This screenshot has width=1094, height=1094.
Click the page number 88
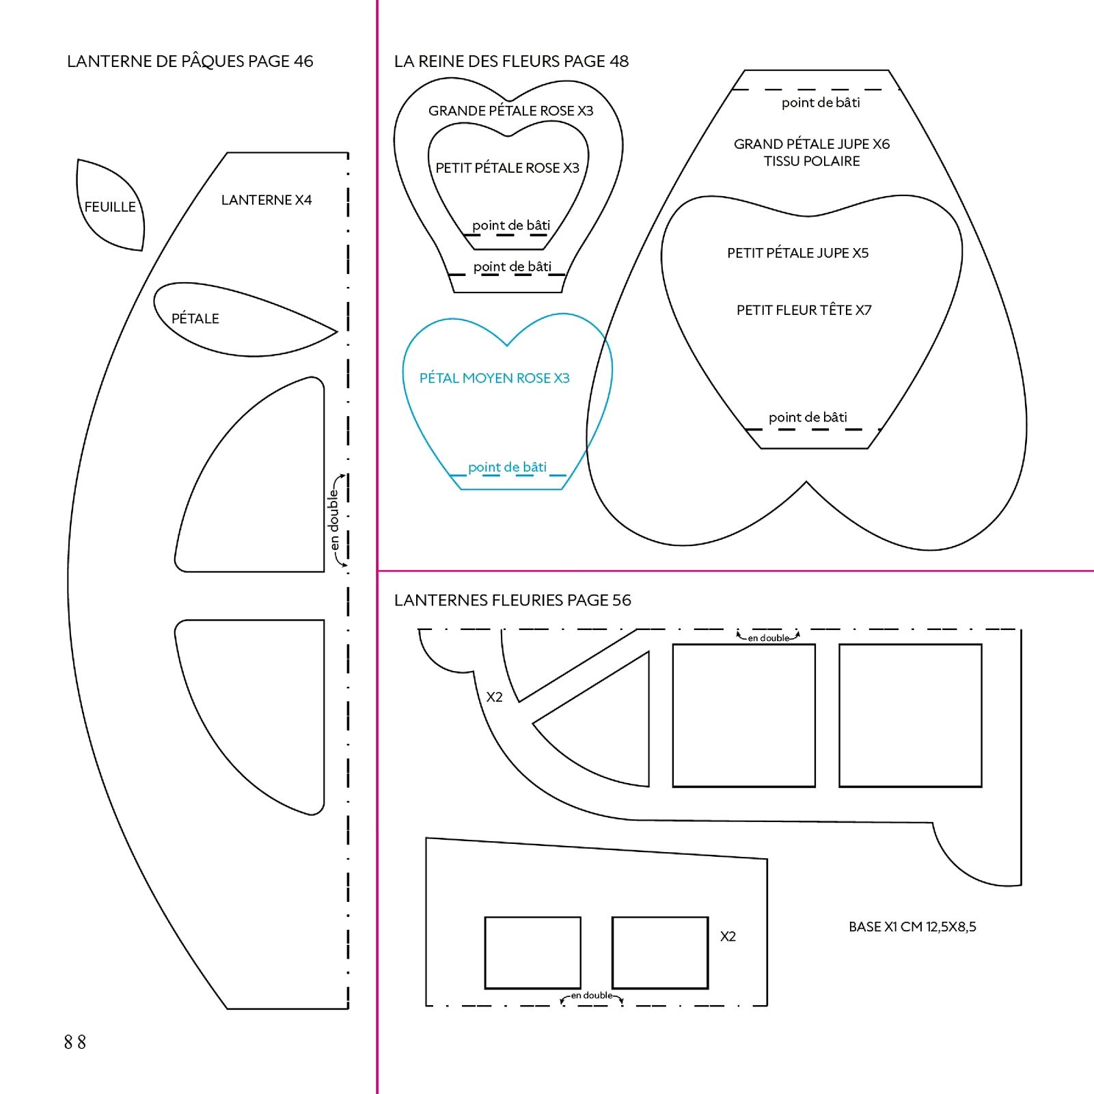coord(75,1041)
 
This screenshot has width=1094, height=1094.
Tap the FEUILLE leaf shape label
coord(110,206)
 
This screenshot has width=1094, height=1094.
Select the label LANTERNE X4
coord(266,200)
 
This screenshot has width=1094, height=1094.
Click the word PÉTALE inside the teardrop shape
coord(195,318)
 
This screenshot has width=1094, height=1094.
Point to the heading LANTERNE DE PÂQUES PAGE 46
coord(190,61)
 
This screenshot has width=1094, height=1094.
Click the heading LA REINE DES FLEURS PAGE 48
coord(511,61)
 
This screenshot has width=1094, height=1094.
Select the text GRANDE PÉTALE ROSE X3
coord(510,111)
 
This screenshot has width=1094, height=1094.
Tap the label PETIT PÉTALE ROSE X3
coord(507,168)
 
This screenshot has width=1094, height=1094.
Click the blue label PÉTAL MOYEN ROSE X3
coord(494,379)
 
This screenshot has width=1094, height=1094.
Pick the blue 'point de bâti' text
coord(507,467)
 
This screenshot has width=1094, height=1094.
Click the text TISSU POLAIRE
coord(812,161)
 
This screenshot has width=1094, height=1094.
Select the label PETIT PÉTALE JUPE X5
coord(797,253)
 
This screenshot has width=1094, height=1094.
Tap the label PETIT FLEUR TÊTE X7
coord(804,310)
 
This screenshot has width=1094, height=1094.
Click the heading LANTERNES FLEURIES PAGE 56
coord(512,600)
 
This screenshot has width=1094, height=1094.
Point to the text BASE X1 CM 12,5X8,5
coord(912,927)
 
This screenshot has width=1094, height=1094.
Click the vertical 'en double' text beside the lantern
coord(333,519)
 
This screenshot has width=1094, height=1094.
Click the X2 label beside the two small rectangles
coord(728,937)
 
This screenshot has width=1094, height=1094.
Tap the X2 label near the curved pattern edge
coord(494,697)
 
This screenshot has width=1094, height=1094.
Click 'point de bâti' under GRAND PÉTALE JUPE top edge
coord(821,102)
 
